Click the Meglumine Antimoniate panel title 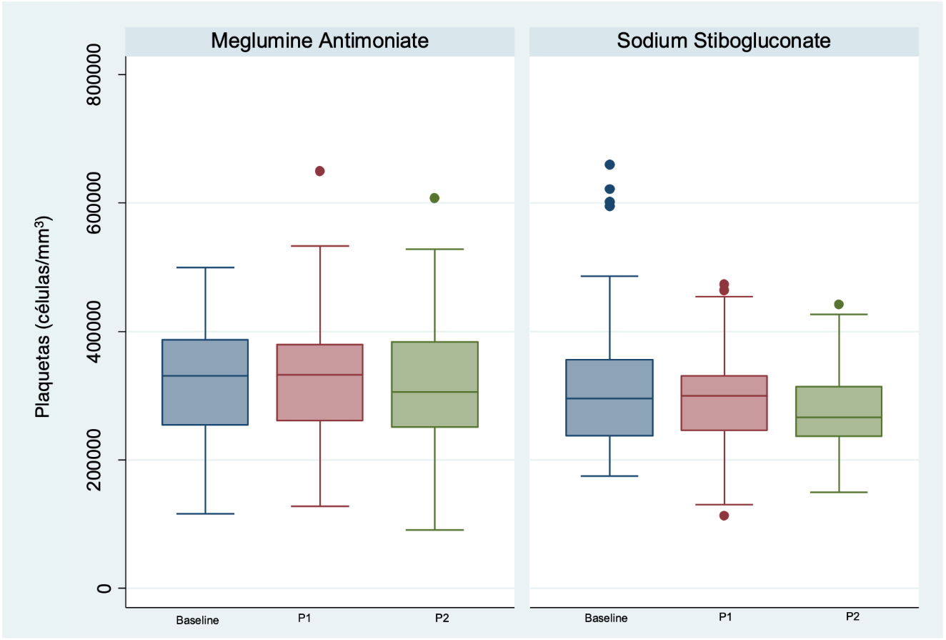click(319, 41)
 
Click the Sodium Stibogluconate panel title click(724, 41)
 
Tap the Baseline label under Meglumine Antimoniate click(197, 620)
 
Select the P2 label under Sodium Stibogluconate click(852, 616)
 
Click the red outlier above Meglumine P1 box click(319, 171)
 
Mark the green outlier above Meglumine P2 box click(434, 198)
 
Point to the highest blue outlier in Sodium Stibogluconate click(609, 164)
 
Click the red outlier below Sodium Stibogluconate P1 click(724, 516)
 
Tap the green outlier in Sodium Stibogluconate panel click(839, 304)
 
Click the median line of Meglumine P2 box click(434, 392)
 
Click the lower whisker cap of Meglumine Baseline click(205, 513)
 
